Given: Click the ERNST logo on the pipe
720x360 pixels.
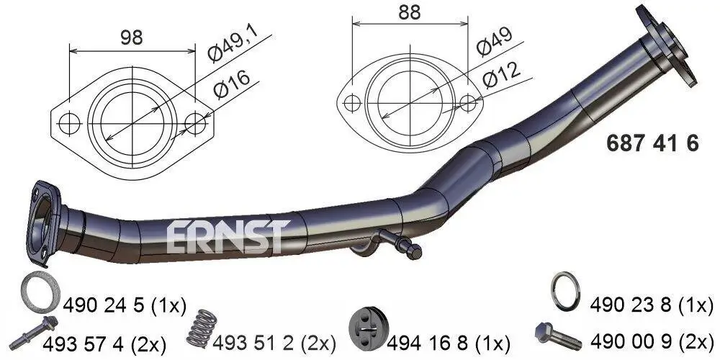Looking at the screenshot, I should click(228, 236).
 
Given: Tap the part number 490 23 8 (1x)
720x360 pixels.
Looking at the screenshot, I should click(651, 305).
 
